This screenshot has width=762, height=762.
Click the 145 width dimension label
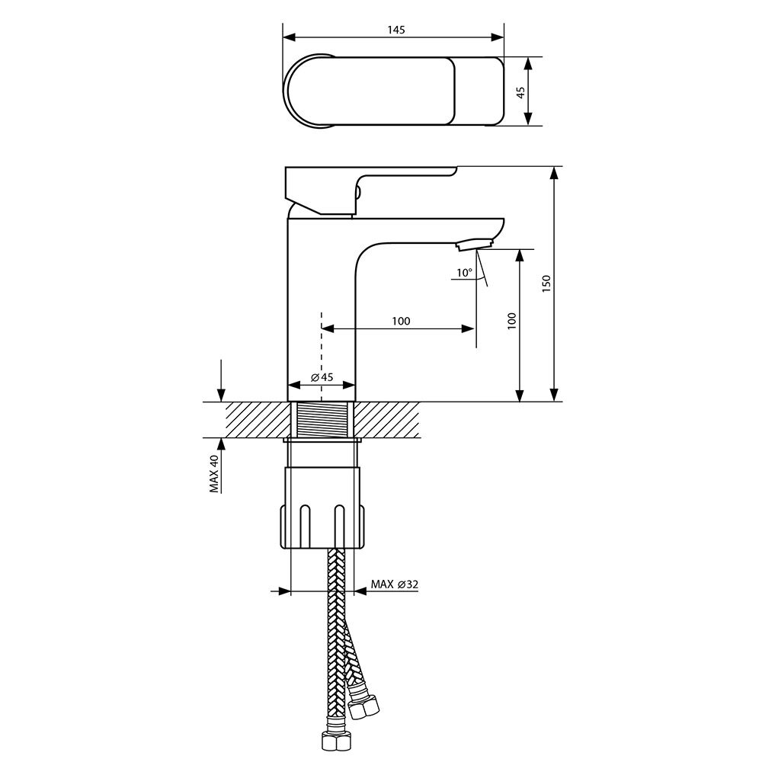click(x=396, y=30)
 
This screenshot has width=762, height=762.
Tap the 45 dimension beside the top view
click(x=520, y=92)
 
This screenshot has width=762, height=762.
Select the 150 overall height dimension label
click(x=546, y=283)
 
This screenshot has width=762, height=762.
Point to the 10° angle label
click(x=464, y=273)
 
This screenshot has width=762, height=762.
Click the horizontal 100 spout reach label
click(x=401, y=321)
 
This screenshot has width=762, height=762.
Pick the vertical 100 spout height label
click(x=512, y=322)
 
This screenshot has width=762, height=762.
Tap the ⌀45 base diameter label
click(x=322, y=377)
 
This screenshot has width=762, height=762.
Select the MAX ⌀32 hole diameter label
click(x=394, y=584)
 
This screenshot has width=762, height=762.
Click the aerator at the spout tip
click(x=475, y=244)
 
